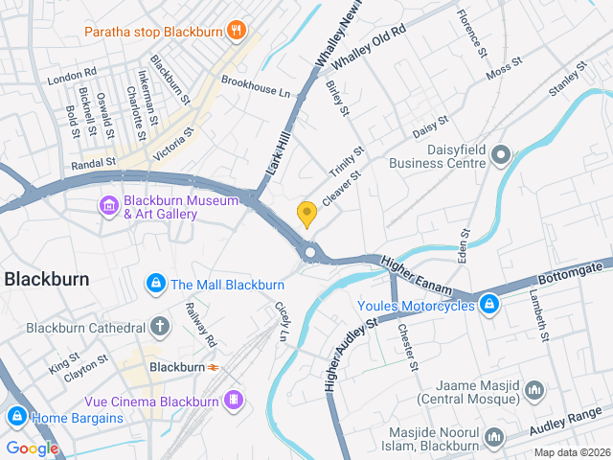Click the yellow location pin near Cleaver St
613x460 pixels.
[306, 214]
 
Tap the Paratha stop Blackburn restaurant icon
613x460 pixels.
[235, 31]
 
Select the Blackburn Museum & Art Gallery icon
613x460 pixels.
[108, 205]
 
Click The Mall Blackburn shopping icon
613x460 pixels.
[155, 284]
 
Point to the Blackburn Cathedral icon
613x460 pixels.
[159, 327]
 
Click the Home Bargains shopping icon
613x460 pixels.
[15, 417]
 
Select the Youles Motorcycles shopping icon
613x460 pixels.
[489, 305]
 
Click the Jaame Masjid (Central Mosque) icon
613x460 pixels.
[534, 390]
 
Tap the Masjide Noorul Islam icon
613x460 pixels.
[494, 438]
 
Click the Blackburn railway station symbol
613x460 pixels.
[213, 367]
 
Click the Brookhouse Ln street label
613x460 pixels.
[255, 87]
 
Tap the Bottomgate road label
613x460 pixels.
[575, 269]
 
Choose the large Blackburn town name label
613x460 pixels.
[47, 280]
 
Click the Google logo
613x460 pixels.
[32, 448]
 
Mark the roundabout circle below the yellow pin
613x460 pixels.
[309, 253]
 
